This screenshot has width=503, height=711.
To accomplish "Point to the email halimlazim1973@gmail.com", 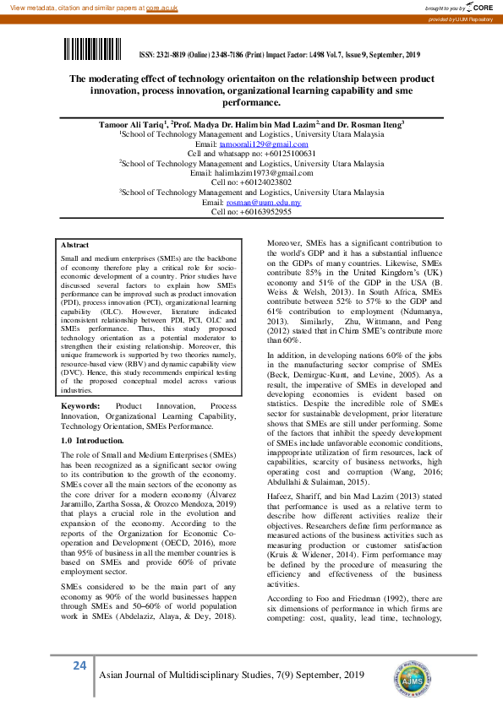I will pyautogui.click(x=251, y=173).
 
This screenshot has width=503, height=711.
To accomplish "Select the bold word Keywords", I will pyautogui.click(x=81, y=406).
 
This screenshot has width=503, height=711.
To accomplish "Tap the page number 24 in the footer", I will pyautogui.click(x=79, y=666).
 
